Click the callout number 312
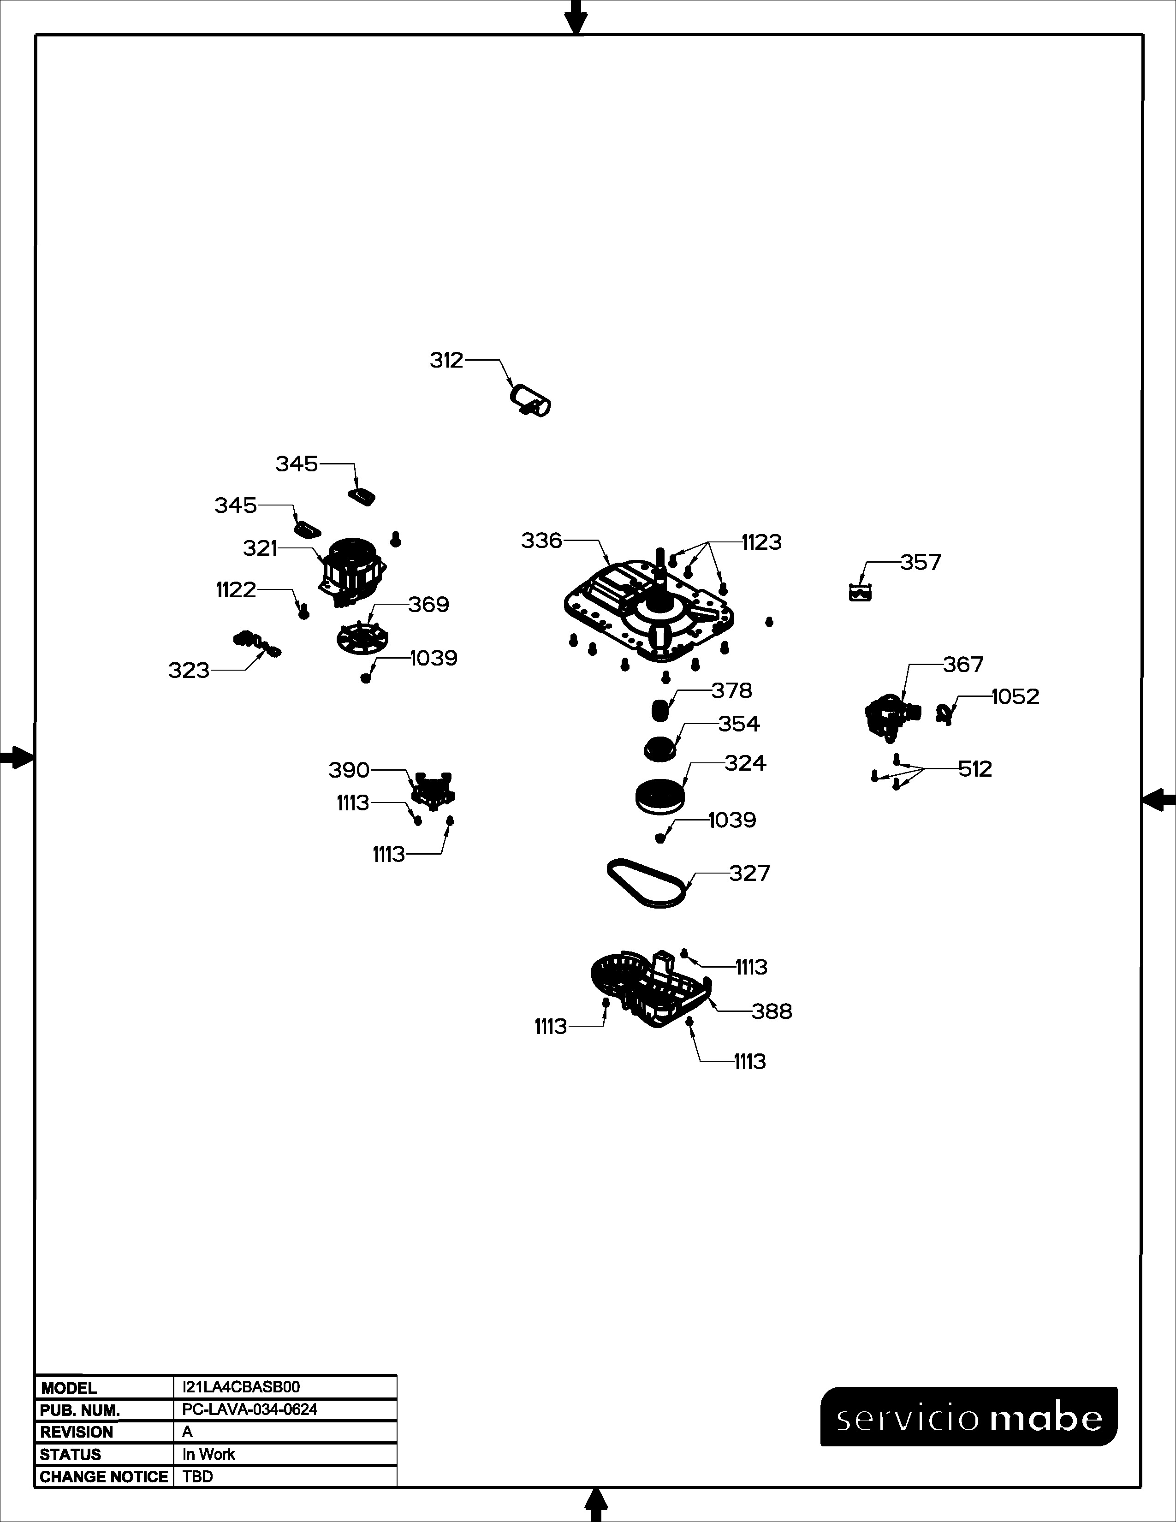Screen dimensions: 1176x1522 [x=446, y=360]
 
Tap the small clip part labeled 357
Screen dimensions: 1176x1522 [x=861, y=593]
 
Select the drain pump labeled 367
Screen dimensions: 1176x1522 [x=892, y=716]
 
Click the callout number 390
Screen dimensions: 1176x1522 [x=349, y=770]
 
